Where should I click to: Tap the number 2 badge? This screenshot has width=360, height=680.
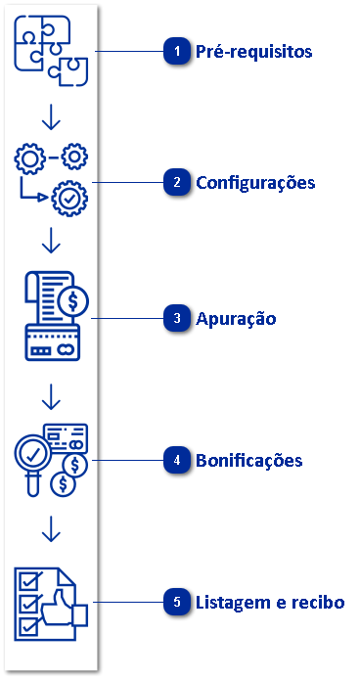[x=176, y=183]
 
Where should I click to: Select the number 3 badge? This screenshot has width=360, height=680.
[x=176, y=319]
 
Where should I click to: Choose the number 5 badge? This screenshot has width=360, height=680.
[x=176, y=603]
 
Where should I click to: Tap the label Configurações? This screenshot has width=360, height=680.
[x=255, y=183]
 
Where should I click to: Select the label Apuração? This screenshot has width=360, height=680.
[x=237, y=319]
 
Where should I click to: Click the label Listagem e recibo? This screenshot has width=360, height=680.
[x=271, y=603]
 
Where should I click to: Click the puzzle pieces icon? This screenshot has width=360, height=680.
[x=52, y=50]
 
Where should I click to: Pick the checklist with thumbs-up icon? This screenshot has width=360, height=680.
[x=52, y=603]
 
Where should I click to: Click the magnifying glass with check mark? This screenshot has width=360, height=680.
[x=35, y=454]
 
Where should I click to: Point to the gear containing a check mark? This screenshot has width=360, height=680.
[x=69, y=198]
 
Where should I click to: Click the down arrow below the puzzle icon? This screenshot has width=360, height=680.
[x=52, y=116]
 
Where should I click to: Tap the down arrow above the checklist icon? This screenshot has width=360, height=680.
[x=52, y=529]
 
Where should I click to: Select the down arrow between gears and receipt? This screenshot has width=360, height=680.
[x=52, y=241]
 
